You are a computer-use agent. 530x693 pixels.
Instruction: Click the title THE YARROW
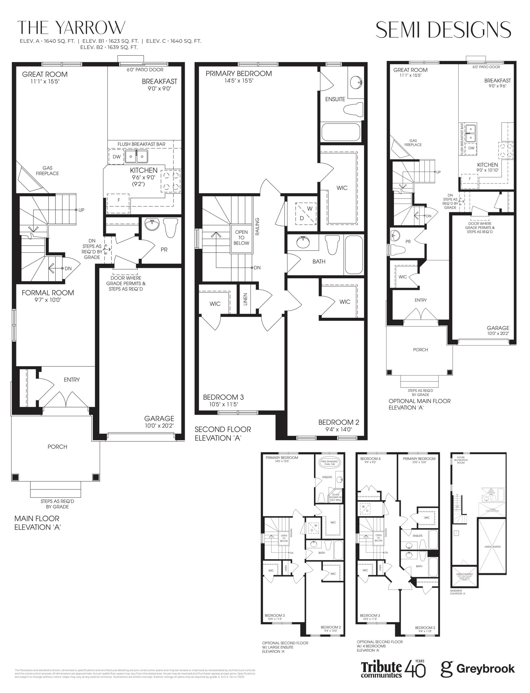[71, 28]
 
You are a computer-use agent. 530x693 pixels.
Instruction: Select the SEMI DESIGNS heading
[443, 30]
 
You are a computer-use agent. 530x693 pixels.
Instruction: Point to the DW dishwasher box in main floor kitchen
[116, 157]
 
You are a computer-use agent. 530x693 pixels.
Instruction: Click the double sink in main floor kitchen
[136, 156]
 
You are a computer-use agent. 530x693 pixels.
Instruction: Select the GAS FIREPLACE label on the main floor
[47, 171]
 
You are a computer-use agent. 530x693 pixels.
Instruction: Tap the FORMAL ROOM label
[48, 293]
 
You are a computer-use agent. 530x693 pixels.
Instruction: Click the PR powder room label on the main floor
[164, 250]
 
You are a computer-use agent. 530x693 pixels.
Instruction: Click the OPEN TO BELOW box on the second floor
[241, 238]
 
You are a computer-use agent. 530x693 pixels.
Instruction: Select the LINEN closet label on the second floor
[246, 299]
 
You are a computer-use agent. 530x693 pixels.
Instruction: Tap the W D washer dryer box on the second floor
[306, 213]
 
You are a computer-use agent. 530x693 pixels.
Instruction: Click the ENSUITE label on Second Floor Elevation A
[335, 99]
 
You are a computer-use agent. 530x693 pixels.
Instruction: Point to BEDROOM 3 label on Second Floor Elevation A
[223, 397]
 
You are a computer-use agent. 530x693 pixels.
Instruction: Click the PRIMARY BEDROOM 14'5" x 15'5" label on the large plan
[238, 77]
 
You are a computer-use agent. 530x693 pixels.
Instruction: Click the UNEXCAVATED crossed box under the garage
[492, 546]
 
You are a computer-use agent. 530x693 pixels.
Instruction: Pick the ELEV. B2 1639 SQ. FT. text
[109, 47]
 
